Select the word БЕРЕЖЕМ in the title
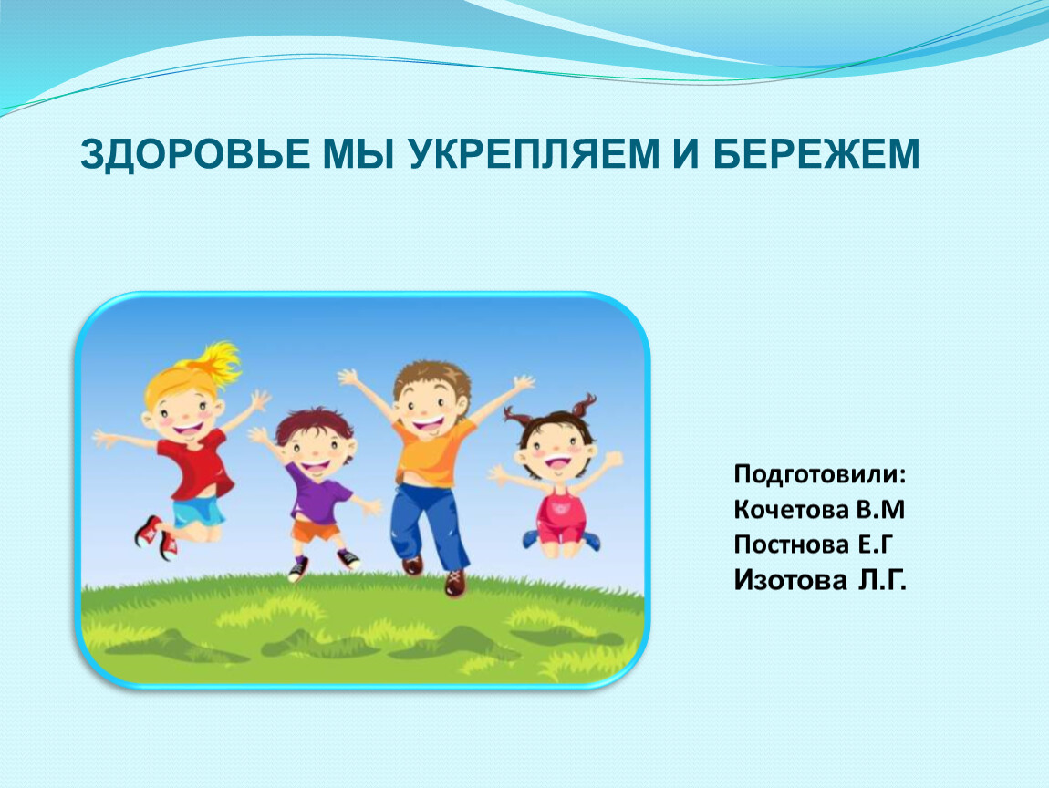tap(816, 153)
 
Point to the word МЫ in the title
tap(358, 153)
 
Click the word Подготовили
tap(820, 474)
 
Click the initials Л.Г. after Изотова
tap(882, 580)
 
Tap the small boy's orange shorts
tap(316, 530)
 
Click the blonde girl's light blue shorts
tap(198, 511)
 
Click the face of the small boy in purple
tap(315, 447)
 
